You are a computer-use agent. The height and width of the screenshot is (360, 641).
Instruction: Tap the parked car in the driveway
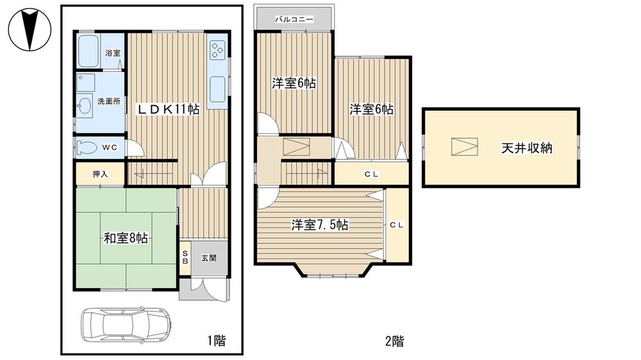(126, 324)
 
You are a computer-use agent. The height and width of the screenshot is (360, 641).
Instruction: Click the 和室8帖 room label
(126, 238)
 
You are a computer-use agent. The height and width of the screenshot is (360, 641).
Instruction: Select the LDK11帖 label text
(169, 110)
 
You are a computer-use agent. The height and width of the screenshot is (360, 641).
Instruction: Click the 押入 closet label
(99, 173)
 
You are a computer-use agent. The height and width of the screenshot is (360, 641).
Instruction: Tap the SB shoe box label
(185, 258)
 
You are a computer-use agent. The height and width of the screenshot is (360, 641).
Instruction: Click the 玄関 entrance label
(209, 258)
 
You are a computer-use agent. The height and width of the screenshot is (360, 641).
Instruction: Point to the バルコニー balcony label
(294, 19)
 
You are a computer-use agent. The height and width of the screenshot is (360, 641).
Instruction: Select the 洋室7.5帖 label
(320, 225)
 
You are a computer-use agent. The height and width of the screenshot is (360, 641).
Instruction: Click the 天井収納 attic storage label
(526, 149)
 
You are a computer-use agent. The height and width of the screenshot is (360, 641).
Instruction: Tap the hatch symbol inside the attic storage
(464, 147)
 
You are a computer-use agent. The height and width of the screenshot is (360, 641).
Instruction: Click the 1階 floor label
(216, 340)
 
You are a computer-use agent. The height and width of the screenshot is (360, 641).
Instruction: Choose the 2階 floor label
(394, 341)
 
